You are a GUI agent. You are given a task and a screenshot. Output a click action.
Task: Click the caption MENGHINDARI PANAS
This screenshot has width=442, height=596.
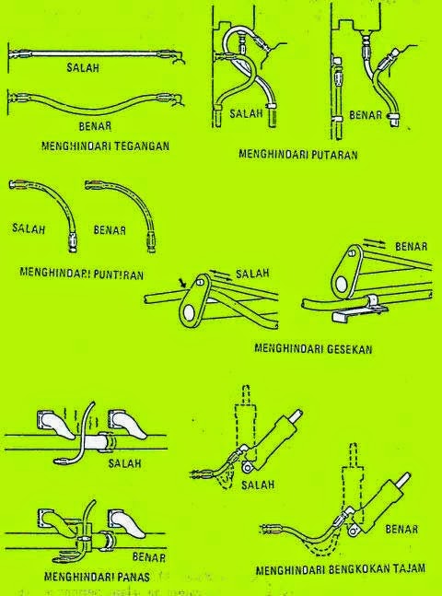point(87,577)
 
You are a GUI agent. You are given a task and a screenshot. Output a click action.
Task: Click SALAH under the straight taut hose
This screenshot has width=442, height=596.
point(84,67)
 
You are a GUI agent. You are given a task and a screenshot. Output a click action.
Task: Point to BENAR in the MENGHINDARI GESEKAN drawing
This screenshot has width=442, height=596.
point(411,249)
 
